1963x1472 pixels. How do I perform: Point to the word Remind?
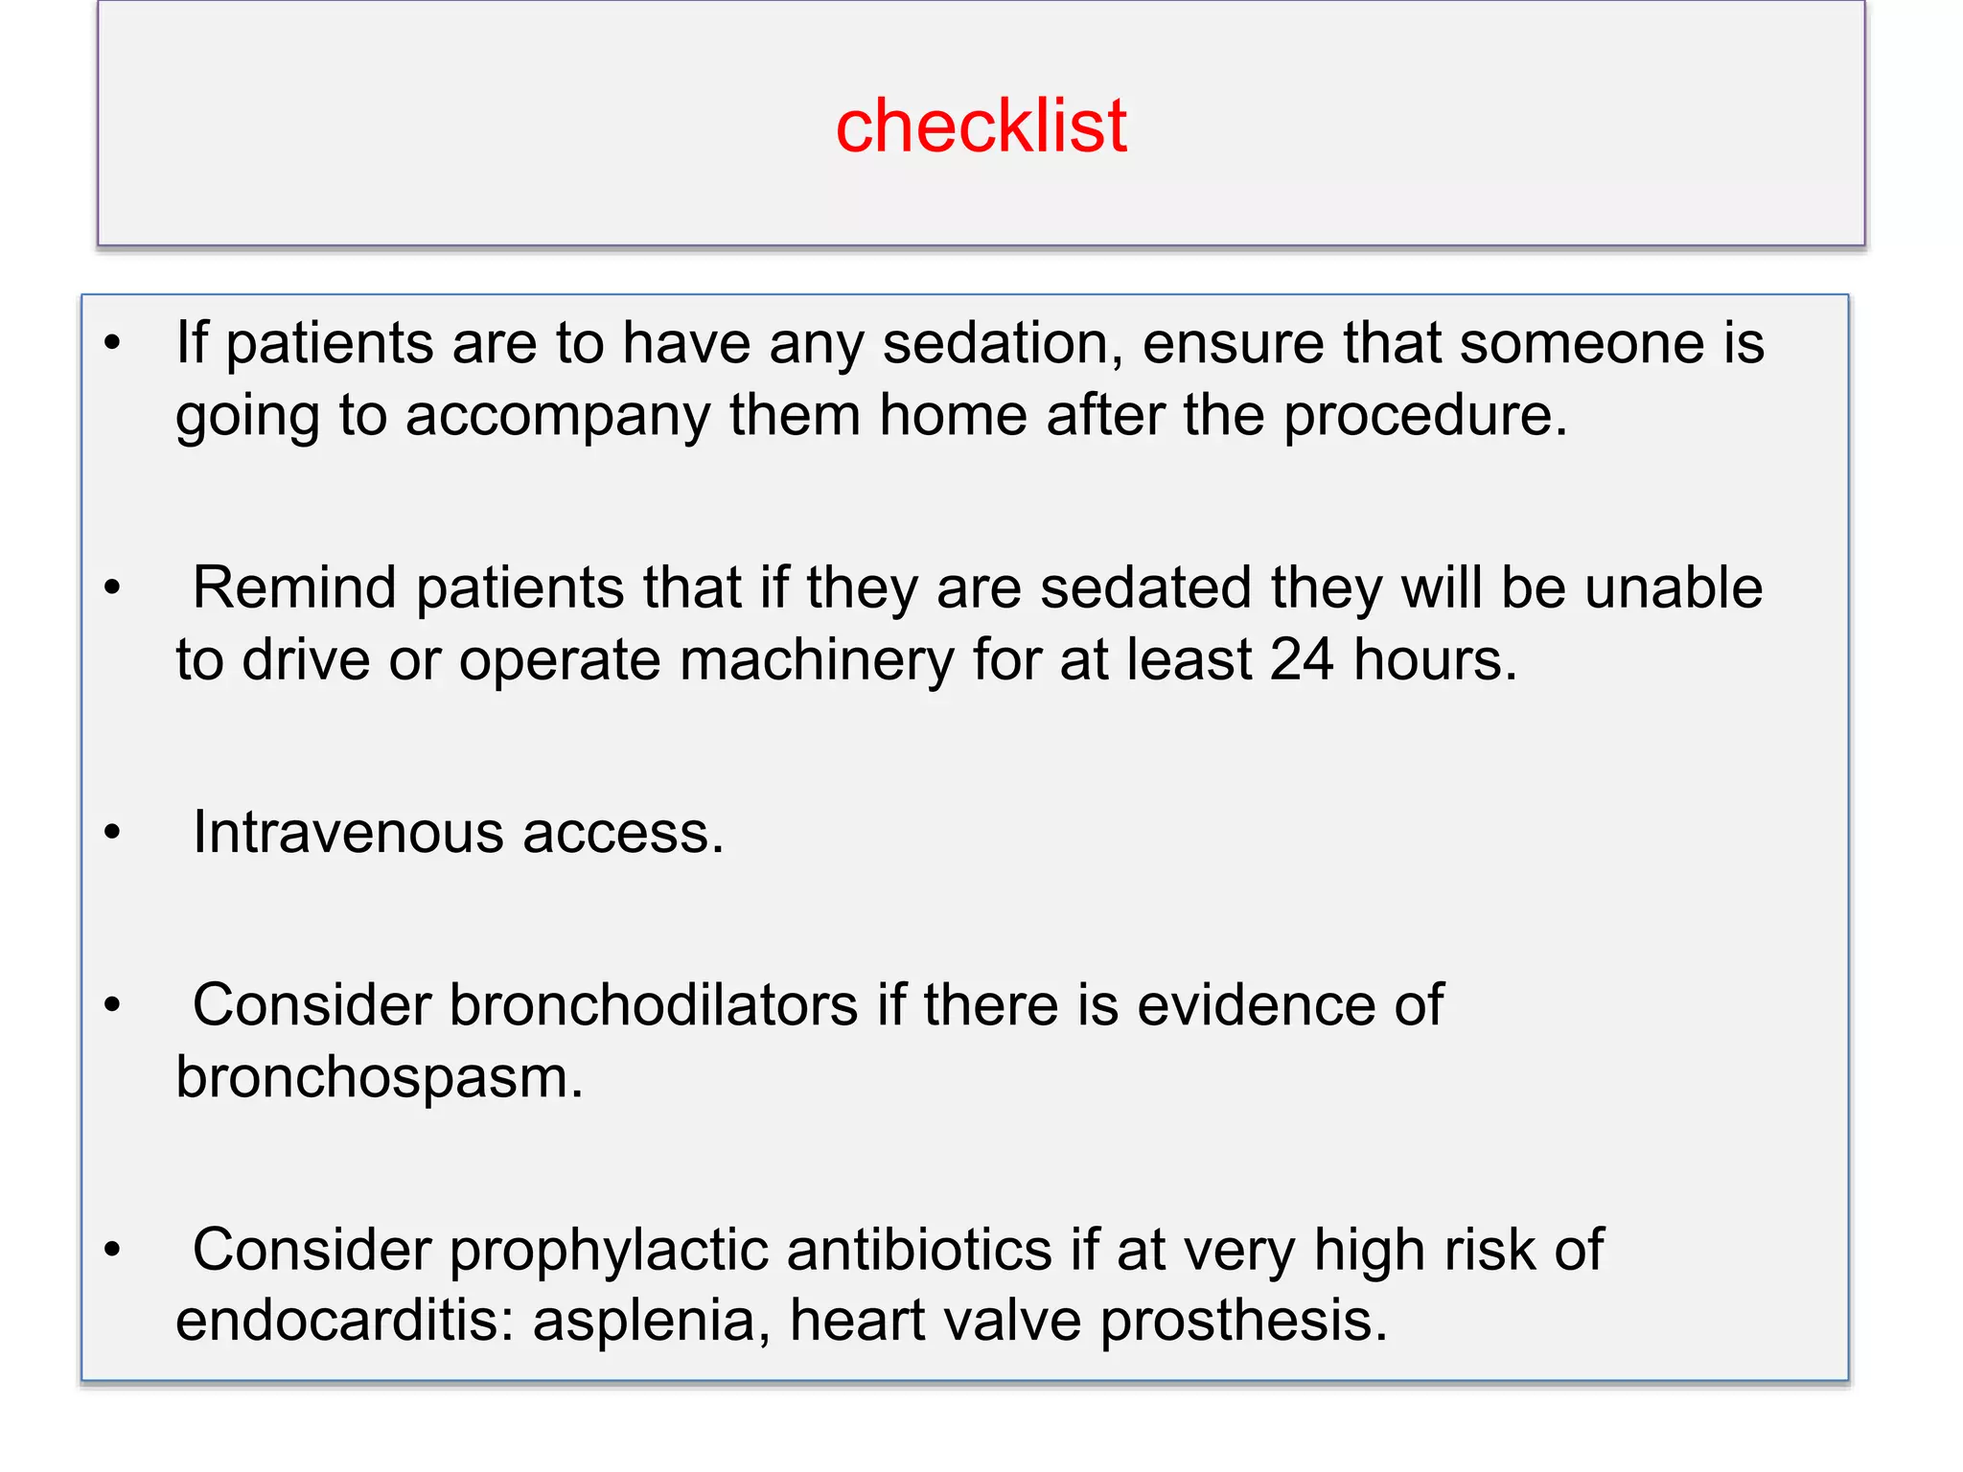(294, 587)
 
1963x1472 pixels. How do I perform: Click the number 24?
(1302, 660)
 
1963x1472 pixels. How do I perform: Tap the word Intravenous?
(348, 832)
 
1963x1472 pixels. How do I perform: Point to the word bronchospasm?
(380, 1079)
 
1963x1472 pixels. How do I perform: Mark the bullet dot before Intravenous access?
(113, 833)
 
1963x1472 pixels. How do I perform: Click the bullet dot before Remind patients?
(113, 587)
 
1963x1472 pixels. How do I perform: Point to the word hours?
(1435, 660)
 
